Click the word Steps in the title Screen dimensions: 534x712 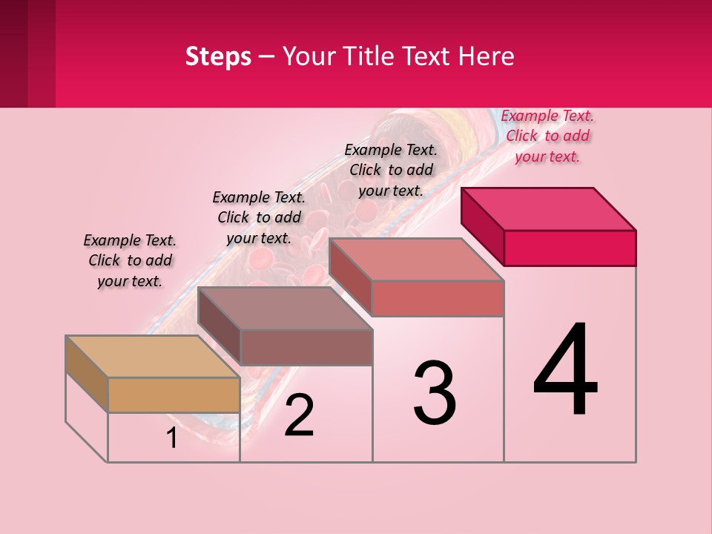(x=218, y=56)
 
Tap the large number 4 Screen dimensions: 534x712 (x=566, y=370)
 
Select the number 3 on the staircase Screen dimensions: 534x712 (x=435, y=393)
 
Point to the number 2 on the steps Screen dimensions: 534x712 (x=300, y=415)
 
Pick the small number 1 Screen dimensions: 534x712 (x=172, y=438)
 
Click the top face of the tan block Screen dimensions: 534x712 (x=153, y=357)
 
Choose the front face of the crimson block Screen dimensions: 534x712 (x=570, y=248)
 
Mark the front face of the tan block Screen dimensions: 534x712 (x=174, y=395)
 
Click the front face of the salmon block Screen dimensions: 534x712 (x=438, y=298)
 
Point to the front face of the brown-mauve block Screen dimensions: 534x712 (x=306, y=347)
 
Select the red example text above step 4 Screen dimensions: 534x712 (x=547, y=136)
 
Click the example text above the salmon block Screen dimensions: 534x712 (x=391, y=170)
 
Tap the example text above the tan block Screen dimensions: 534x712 (x=130, y=260)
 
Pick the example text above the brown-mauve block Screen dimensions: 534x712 (x=259, y=217)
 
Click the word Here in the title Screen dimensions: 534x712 (x=487, y=56)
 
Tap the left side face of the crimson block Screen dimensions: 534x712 (x=482, y=226)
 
